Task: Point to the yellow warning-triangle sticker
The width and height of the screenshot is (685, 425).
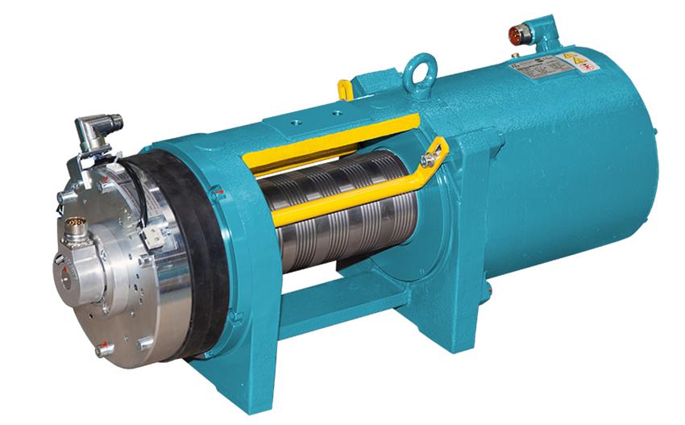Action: click(x=571, y=58)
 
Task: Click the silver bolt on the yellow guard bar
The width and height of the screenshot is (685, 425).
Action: click(x=427, y=161)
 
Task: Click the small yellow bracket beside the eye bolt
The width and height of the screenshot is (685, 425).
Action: click(x=345, y=88)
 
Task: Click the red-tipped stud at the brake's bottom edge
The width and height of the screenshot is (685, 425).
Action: click(x=102, y=350)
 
